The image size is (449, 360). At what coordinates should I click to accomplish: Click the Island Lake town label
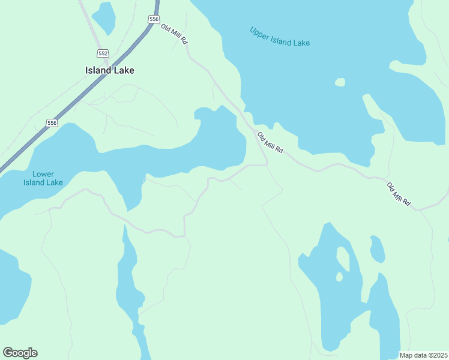click(109, 70)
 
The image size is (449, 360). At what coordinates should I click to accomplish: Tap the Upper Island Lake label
click(280, 37)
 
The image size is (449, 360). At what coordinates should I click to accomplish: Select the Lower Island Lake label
click(43, 178)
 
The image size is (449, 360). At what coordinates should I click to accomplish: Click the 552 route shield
click(103, 53)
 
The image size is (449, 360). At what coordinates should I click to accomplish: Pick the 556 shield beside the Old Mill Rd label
click(154, 20)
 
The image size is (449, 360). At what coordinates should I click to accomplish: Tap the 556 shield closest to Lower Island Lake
click(52, 123)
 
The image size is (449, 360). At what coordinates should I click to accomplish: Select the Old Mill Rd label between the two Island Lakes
click(270, 142)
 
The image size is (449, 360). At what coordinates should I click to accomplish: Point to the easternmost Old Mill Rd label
click(399, 194)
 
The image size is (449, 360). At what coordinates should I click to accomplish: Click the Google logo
click(20, 353)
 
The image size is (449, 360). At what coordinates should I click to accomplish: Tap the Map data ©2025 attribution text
click(423, 355)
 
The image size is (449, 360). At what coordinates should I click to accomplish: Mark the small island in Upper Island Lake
click(340, 82)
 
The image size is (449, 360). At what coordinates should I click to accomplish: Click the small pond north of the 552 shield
click(104, 17)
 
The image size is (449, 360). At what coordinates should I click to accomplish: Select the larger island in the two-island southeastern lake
click(343, 257)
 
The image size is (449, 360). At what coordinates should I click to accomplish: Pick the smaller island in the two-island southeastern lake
click(339, 277)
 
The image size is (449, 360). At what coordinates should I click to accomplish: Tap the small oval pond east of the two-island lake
click(377, 249)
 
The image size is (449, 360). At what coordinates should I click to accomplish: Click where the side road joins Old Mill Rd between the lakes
click(267, 164)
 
